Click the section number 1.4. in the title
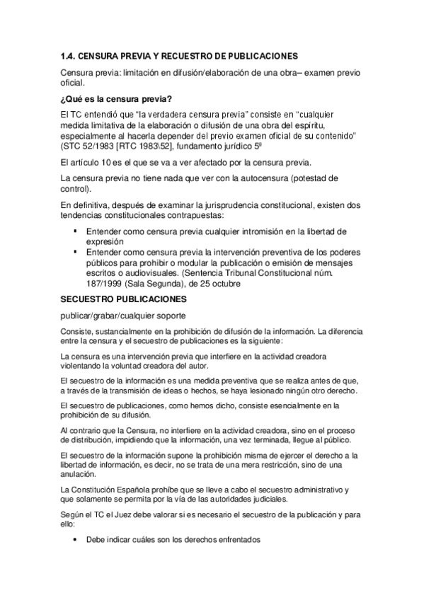[x=68, y=55]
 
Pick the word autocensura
[x=260, y=177]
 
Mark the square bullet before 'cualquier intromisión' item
[x=75, y=231]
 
